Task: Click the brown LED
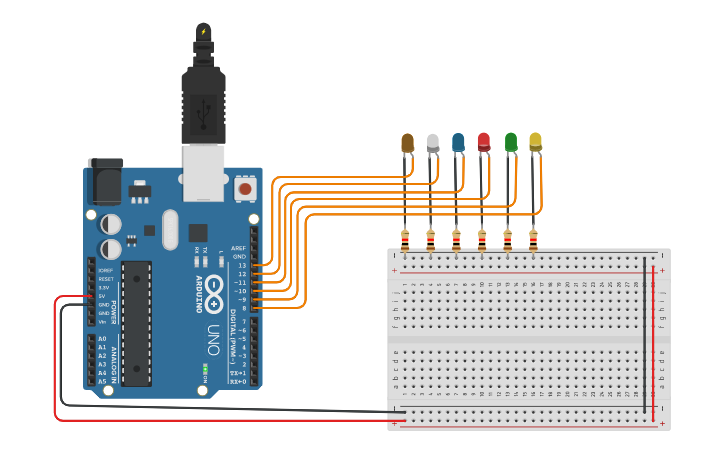pyautogui.click(x=407, y=143)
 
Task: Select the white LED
pyautogui.click(x=433, y=143)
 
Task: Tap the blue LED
pyautogui.click(x=458, y=143)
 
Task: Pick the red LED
pyautogui.click(x=484, y=142)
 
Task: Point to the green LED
pyautogui.click(x=510, y=142)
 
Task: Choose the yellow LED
pyautogui.click(x=535, y=142)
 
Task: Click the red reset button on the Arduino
pyautogui.click(x=244, y=187)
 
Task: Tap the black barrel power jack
pyautogui.click(x=104, y=181)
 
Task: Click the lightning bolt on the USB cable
pyautogui.click(x=203, y=32)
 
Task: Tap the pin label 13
pyautogui.click(x=241, y=265)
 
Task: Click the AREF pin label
pyautogui.click(x=238, y=248)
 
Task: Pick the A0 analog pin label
pyautogui.click(x=102, y=339)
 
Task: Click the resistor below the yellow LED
pyautogui.click(x=533, y=240)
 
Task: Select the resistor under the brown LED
pyautogui.click(x=405, y=240)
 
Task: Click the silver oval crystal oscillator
pyautogui.click(x=169, y=229)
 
